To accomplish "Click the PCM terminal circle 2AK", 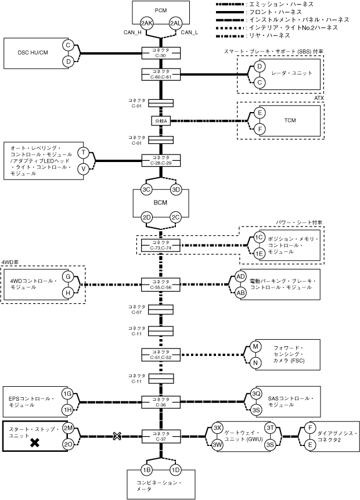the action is (147, 23).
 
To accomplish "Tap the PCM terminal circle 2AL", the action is (175, 23).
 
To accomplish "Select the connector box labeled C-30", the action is (161, 53).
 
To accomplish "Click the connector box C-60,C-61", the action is (161, 74).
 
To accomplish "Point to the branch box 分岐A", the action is (161, 121).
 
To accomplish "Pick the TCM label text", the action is (290, 121).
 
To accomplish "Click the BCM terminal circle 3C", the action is (146, 190).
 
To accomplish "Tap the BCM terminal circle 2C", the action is (176, 218).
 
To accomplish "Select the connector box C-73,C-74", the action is (161, 245).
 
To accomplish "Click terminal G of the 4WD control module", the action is (68, 277).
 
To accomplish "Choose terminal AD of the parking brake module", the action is (241, 276).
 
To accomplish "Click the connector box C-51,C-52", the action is (161, 355).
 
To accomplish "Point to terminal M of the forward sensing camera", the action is (255, 347).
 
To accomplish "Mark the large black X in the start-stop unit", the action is (34, 443).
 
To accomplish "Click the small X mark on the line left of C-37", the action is (117, 436).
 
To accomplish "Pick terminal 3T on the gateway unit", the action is (270, 428).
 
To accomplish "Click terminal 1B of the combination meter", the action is (146, 470).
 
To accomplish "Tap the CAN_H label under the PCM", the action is (132, 32).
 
